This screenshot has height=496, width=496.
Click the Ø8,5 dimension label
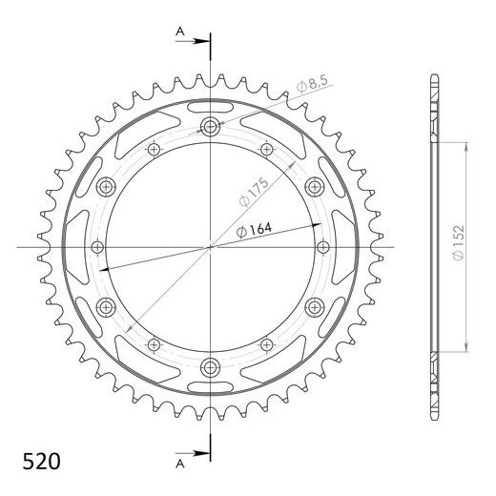(x=312, y=83)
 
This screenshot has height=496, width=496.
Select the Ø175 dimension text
(x=254, y=193)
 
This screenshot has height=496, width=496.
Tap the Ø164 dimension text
(x=255, y=230)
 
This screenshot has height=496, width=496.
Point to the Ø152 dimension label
(x=459, y=243)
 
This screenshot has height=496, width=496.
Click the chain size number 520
(x=41, y=462)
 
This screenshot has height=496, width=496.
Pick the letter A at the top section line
(x=180, y=31)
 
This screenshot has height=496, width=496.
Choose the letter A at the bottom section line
(x=180, y=465)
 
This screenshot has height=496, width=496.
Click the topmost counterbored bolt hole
(x=210, y=127)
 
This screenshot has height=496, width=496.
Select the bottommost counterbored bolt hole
(x=210, y=367)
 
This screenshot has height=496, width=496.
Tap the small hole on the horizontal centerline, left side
(x=97, y=247)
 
